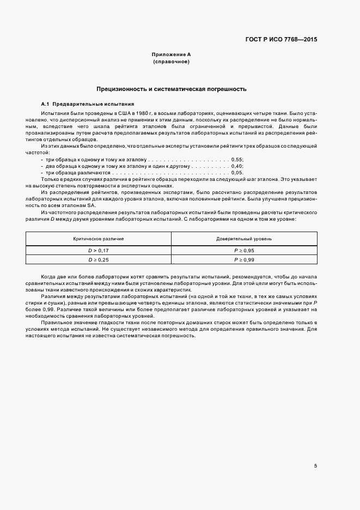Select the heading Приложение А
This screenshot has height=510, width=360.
(x=171, y=55)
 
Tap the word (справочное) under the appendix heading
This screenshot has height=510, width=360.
(x=171, y=62)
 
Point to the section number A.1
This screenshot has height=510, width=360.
(x=45, y=104)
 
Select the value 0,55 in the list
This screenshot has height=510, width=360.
(x=237, y=159)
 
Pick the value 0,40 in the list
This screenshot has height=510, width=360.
(x=237, y=165)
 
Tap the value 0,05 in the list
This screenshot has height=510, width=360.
(x=237, y=172)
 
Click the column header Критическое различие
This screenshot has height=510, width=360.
(x=99, y=239)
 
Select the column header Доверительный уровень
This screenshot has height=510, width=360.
(x=244, y=239)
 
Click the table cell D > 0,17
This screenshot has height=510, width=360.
(x=99, y=250)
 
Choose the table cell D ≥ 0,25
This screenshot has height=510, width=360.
(x=99, y=260)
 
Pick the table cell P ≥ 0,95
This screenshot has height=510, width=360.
(x=244, y=250)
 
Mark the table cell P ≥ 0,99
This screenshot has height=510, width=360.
(x=244, y=260)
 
